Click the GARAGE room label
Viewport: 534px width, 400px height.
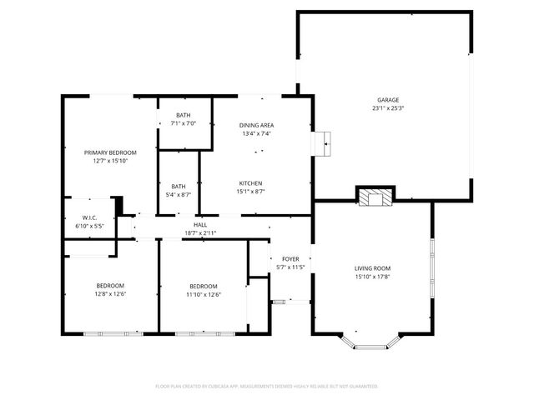click(388, 98)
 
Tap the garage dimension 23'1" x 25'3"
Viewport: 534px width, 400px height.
click(388, 107)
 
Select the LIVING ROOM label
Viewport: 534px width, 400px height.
click(372, 268)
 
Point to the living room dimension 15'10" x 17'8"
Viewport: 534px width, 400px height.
click(372, 277)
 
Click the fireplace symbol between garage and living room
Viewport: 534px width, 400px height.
click(373, 197)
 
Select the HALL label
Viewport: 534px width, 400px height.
click(200, 224)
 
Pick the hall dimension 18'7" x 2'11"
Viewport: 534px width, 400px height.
click(200, 233)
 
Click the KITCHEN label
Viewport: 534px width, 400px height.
click(251, 182)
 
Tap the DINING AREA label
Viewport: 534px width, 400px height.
click(257, 125)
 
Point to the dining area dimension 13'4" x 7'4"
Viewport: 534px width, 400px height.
click(257, 134)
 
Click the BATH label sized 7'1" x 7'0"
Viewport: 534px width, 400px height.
click(184, 115)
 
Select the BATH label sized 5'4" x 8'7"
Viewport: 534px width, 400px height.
click(179, 186)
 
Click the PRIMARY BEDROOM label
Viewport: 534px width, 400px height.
click(110, 152)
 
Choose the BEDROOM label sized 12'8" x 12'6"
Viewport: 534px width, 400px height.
click(110, 286)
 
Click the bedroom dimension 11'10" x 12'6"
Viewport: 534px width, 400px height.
click(203, 295)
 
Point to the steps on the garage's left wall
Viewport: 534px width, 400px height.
click(322, 143)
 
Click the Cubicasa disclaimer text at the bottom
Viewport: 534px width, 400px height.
click(267, 386)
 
